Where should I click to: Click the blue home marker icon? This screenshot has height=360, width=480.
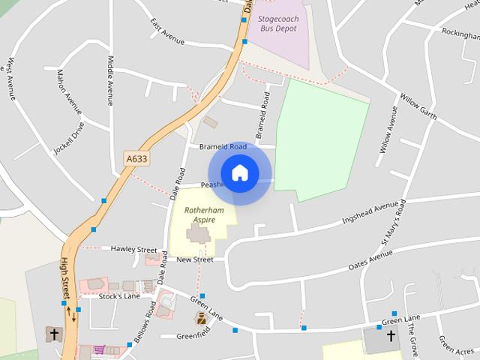pyautogui.click(x=239, y=173)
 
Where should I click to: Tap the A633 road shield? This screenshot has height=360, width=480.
pyautogui.click(x=136, y=158)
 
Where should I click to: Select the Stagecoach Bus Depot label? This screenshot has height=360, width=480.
pyautogui.click(x=277, y=22)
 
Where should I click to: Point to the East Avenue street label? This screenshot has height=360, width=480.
pyautogui.click(x=166, y=31)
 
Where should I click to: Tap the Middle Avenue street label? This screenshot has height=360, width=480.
pyautogui.click(x=110, y=79)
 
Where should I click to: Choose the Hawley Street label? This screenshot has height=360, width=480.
pyautogui.click(x=133, y=249)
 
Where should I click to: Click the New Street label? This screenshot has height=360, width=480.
pyautogui.click(x=195, y=259)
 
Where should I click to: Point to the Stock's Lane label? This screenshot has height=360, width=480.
pyautogui.click(x=120, y=296)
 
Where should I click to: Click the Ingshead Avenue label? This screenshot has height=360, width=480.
pyautogui.click(x=369, y=212)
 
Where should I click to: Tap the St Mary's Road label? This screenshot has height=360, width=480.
pyautogui.click(x=393, y=223)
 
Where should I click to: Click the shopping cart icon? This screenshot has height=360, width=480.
pyautogui.click(x=99, y=350)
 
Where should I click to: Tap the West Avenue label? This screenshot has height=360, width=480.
pyautogui.click(x=10, y=78)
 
